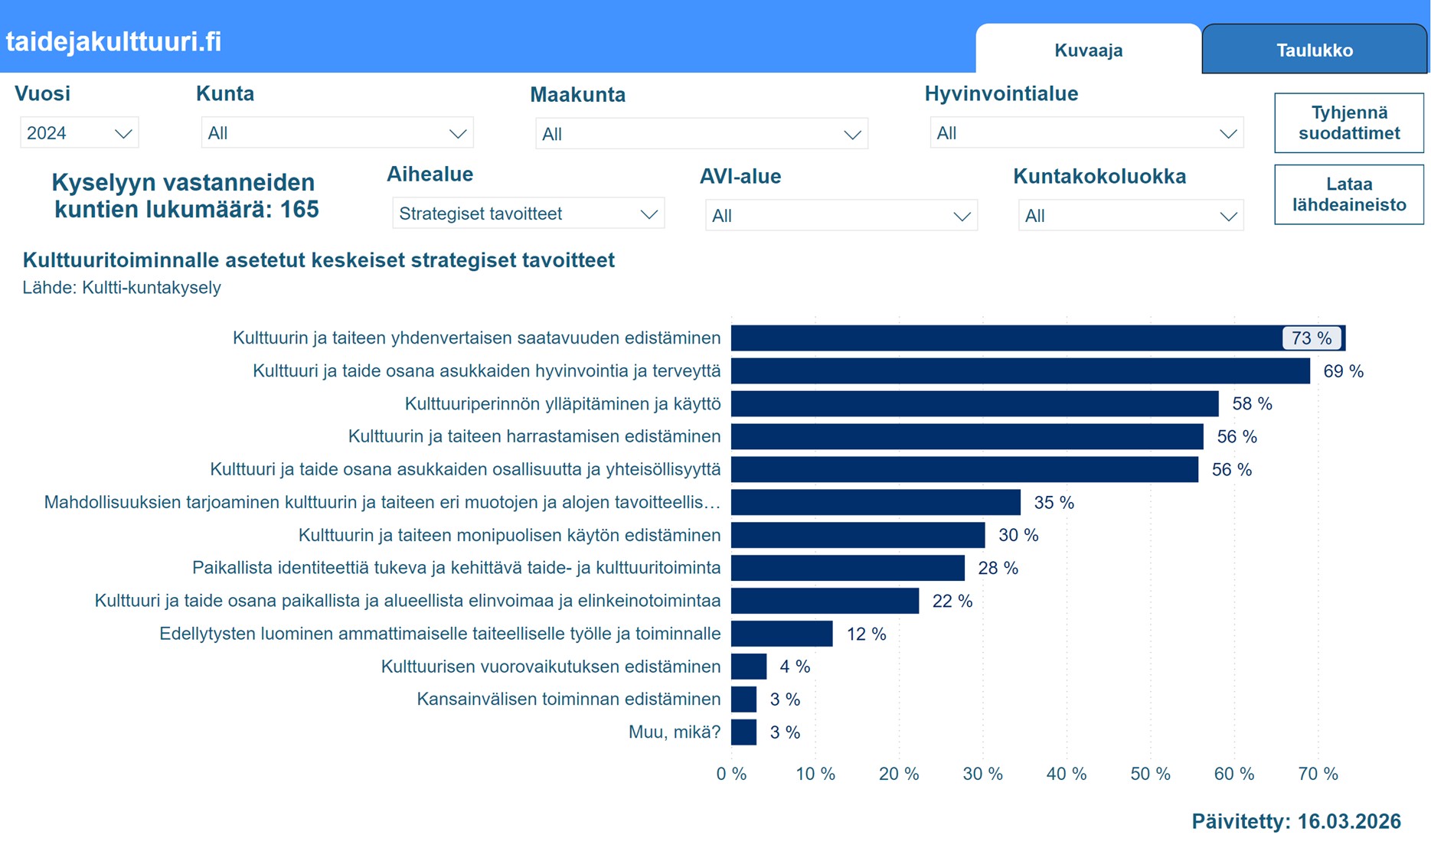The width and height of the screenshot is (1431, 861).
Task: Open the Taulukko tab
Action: [x=1314, y=51]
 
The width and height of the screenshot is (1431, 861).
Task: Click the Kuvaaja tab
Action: [x=1088, y=51]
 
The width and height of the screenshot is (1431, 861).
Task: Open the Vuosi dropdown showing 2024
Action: [x=79, y=133]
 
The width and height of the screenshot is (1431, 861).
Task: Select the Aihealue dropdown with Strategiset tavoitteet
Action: [x=528, y=214]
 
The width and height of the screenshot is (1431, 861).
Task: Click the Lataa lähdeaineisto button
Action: [x=1348, y=194]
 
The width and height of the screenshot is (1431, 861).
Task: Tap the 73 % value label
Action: [x=1311, y=338]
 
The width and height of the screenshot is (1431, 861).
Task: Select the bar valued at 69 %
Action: [x=1020, y=371]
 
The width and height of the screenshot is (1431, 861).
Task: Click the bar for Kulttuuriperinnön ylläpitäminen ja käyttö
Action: [x=974, y=403]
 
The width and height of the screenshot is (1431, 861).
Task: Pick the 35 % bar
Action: [x=875, y=502]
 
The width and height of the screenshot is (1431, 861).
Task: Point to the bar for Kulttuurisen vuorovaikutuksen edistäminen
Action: [x=748, y=667]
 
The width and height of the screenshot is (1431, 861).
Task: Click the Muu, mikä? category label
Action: [x=674, y=732]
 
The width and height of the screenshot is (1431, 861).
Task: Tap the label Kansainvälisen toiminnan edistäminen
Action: [x=568, y=700]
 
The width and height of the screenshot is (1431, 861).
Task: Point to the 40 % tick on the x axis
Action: [x=1066, y=774]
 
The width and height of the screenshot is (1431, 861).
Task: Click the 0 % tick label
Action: [x=731, y=774]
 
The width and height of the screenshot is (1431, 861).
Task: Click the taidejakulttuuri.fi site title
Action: [x=113, y=41]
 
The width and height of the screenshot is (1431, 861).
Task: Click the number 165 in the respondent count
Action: [x=299, y=210]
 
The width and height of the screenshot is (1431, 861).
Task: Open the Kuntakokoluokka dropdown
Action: [x=1130, y=216]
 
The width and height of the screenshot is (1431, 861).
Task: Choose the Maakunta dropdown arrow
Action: [x=851, y=135]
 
